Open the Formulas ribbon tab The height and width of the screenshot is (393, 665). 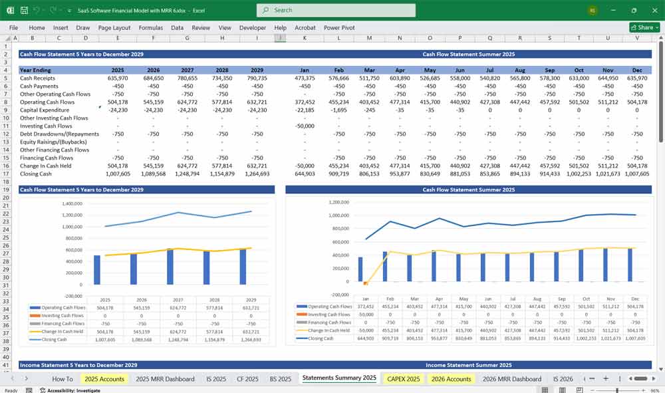point(150,28)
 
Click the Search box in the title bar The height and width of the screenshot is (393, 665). point(336,10)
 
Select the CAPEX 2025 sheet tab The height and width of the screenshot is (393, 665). point(403,378)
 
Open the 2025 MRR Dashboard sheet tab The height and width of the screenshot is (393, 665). point(165,378)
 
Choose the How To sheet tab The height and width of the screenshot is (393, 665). point(63,378)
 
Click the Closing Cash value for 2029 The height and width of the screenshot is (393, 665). point(257,174)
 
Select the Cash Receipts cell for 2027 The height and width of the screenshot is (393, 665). point(188,78)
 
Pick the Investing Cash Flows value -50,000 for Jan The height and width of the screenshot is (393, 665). point(305,126)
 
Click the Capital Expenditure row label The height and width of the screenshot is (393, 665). point(45,110)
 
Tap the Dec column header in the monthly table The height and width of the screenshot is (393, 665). point(637,70)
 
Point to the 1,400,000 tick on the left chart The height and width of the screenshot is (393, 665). point(71,203)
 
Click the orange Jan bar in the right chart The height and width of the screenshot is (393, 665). point(365,283)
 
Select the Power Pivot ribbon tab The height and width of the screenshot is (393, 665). point(339,28)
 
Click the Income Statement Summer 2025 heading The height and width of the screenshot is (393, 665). point(468,365)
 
